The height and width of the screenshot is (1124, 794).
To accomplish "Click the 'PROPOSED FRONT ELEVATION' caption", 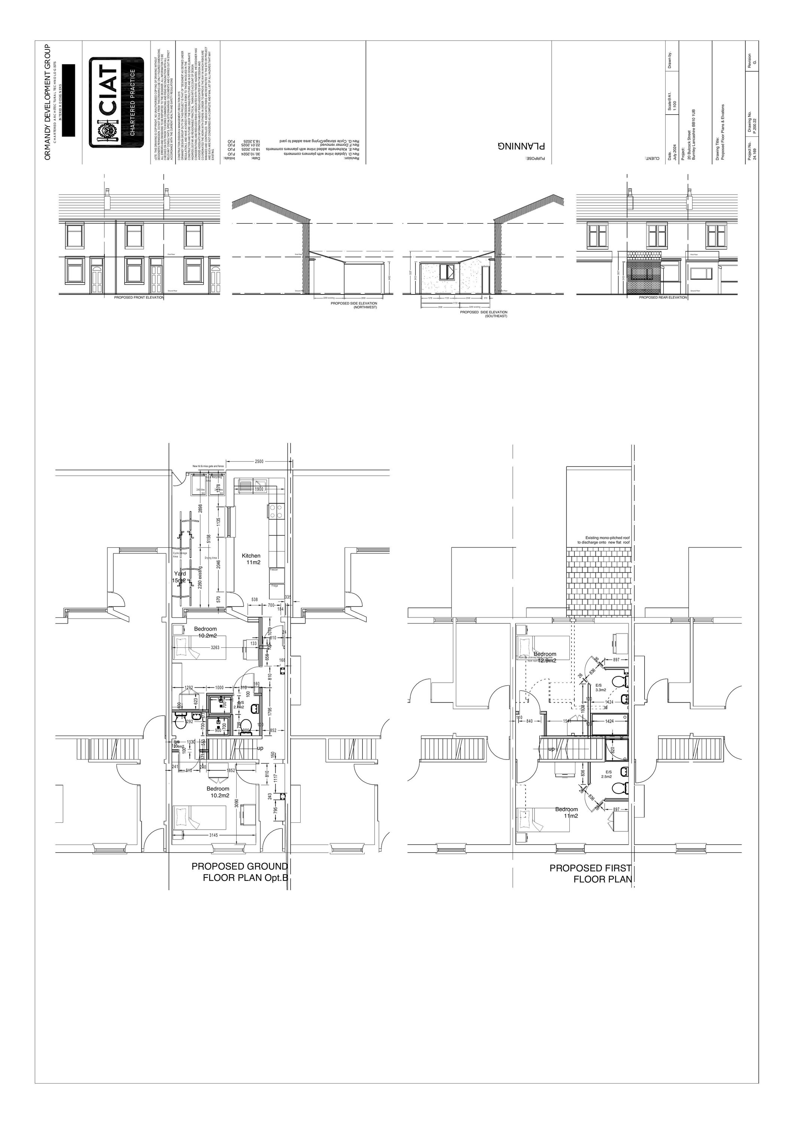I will tap(139, 297).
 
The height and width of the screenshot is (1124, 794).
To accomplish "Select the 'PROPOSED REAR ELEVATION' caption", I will tap(663, 297).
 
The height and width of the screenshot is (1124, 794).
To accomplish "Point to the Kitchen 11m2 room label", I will tap(252, 559).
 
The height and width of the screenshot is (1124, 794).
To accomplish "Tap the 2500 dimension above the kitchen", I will tap(259, 462).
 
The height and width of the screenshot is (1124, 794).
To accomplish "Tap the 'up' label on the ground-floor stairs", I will tap(260, 749).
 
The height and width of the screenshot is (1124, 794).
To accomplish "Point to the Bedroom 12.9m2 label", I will tap(545, 657).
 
